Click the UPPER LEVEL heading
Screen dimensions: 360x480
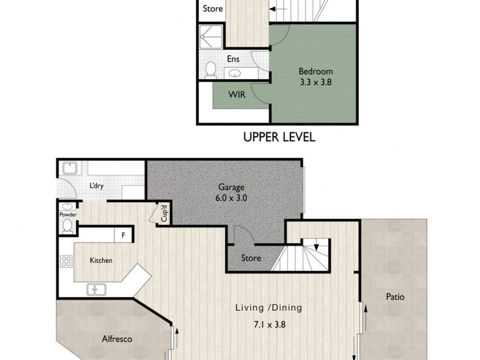coord(279,137)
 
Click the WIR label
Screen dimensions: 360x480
coord(235,94)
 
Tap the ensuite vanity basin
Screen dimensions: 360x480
coord(235,73)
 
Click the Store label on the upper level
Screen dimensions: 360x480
coord(212,9)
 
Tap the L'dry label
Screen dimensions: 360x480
coord(97,186)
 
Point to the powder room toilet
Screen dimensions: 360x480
coord(67,226)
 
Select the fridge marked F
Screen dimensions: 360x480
coord(123,235)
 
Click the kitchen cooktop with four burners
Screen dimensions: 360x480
coord(67,262)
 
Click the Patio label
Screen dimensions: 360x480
coord(395,296)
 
